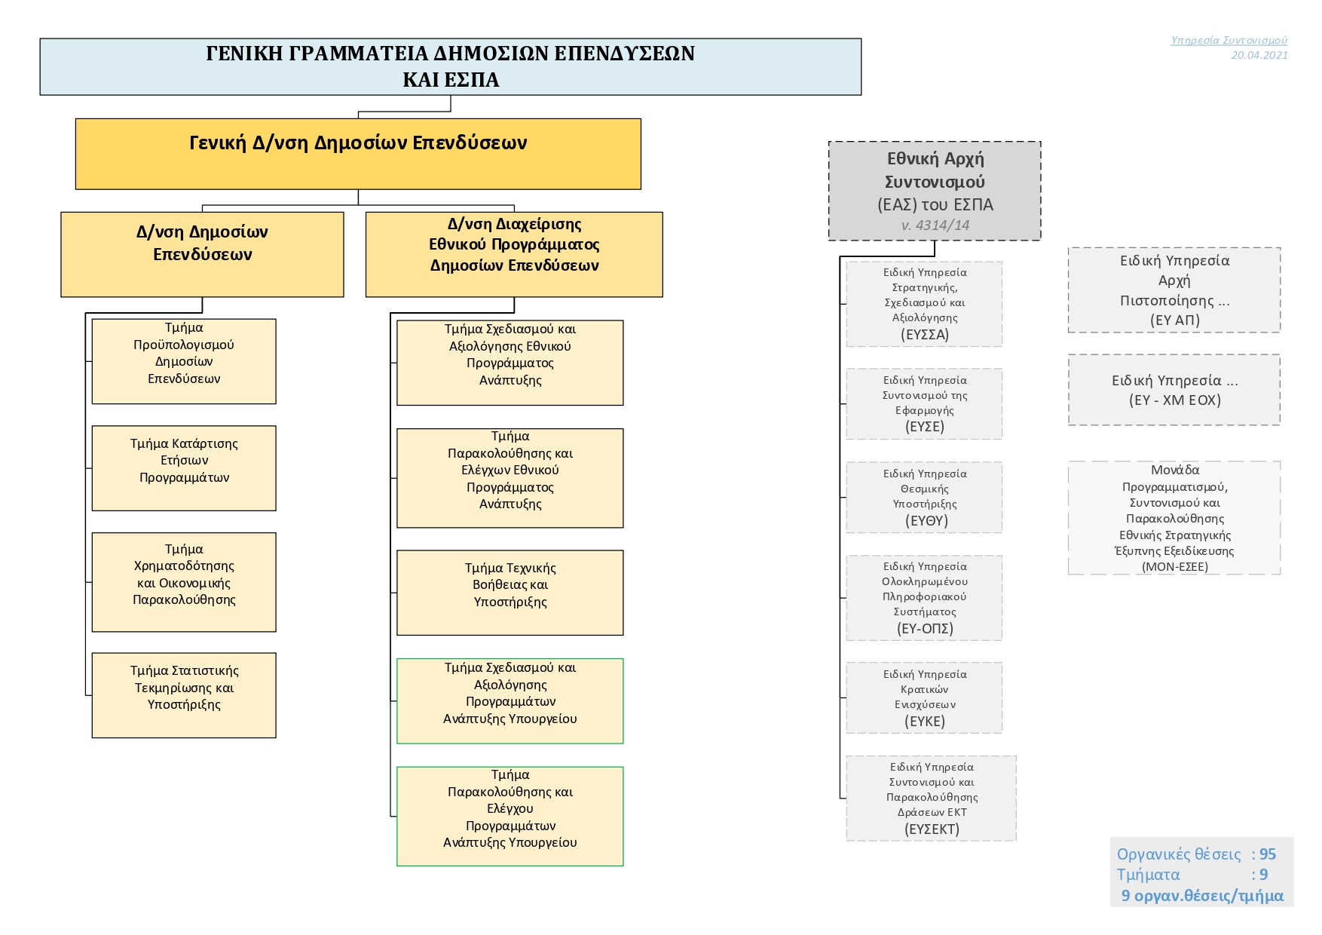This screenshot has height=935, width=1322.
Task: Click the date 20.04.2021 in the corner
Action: click(x=1259, y=55)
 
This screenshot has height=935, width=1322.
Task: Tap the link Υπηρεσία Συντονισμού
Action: click(x=1229, y=40)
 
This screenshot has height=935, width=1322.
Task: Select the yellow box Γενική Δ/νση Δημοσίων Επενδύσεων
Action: click(x=358, y=154)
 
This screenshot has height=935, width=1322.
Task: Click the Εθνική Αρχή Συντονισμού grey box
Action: click(x=935, y=191)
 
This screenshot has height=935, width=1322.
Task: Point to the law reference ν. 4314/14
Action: click(x=935, y=225)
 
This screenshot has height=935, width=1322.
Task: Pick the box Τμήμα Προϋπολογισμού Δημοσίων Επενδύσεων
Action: click(x=184, y=361)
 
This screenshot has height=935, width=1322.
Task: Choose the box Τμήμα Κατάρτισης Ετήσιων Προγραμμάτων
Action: click(x=184, y=468)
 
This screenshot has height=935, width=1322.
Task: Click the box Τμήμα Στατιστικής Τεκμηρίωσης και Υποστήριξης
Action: click(x=184, y=695)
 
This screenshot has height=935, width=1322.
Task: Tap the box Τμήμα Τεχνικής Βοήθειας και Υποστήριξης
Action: click(x=510, y=593)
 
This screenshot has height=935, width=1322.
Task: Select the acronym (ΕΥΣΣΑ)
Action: click(x=925, y=334)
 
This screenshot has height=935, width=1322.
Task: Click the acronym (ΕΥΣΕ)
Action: click(x=925, y=426)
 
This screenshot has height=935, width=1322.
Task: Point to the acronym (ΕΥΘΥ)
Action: click(x=925, y=520)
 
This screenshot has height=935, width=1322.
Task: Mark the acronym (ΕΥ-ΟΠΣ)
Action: click(x=925, y=628)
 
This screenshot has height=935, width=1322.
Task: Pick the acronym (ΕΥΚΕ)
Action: click(x=925, y=721)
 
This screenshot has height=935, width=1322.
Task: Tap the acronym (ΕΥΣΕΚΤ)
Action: click(x=932, y=829)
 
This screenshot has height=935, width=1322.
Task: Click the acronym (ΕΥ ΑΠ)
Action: click(x=1174, y=320)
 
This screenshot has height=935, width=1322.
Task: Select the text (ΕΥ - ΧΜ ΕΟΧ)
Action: click(x=1174, y=400)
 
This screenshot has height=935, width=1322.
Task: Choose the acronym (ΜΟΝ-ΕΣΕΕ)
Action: click(x=1174, y=566)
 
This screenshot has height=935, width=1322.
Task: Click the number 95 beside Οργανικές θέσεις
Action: click(x=1268, y=854)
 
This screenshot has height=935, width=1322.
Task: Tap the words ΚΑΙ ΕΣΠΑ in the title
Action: click(x=451, y=80)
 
